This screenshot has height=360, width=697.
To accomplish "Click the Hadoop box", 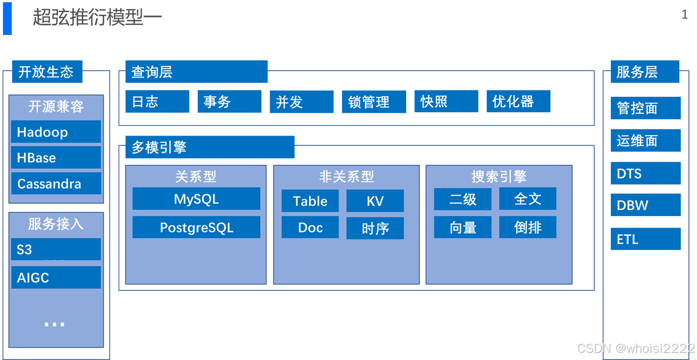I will tap(56, 132).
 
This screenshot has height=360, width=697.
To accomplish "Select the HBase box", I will tap(56, 157).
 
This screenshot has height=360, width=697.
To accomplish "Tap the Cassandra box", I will tap(56, 184).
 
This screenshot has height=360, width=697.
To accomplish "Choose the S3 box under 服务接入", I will tap(56, 249).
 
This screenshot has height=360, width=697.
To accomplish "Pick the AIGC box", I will tap(56, 277).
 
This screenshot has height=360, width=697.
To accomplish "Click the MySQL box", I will tap(196, 199).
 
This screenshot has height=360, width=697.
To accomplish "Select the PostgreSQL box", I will tap(196, 227).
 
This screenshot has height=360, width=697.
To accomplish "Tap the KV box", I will tap(375, 201).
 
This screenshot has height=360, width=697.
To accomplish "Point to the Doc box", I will tap(310, 228).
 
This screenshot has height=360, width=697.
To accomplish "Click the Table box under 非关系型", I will tap(310, 201).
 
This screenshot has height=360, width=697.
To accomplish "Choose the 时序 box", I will tap(375, 228).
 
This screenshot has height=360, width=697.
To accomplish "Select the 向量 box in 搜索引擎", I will tap(463, 227).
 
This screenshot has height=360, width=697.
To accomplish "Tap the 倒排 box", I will tap(528, 227).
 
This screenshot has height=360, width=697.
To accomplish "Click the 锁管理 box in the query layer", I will tap(374, 102).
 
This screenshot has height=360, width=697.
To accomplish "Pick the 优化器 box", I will tap(518, 101).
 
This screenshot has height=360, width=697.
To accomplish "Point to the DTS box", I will tap(645, 174).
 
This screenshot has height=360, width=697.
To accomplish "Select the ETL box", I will tap(645, 239).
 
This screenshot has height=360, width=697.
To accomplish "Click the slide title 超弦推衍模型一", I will tap(97, 17).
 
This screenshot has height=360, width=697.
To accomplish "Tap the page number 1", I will tap(684, 15).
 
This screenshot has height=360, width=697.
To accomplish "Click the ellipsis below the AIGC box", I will tap(54, 324).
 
